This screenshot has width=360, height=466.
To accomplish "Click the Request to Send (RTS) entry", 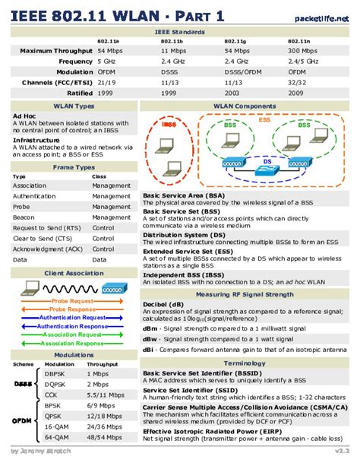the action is click(x=46, y=228).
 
